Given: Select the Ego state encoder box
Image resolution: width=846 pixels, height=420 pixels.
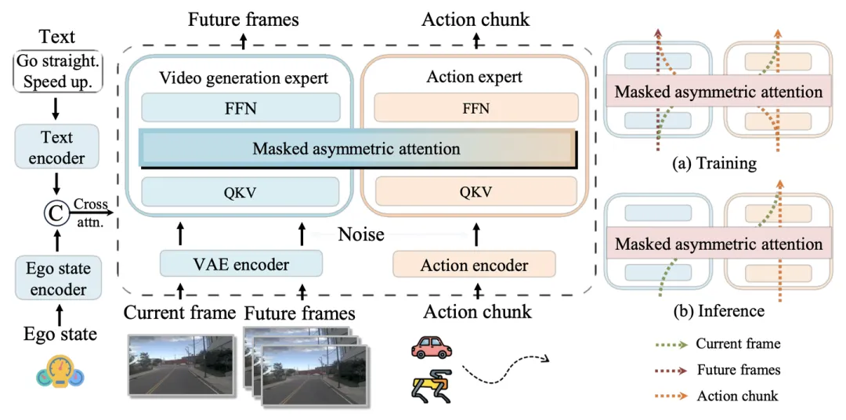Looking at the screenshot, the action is pyautogui.click(x=59, y=278).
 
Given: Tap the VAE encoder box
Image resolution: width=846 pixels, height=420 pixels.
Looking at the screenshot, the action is pyautogui.click(x=241, y=265).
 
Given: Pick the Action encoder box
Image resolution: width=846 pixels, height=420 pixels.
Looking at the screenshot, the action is pyautogui.click(x=474, y=265).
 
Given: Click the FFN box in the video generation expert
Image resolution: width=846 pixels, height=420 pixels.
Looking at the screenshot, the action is pyautogui.click(x=240, y=107).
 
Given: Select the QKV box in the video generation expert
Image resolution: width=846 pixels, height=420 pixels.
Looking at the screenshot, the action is pyautogui.click(x=240, y=192).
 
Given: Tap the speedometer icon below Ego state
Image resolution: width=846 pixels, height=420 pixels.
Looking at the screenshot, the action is pyautogui.click(x=60, y=372).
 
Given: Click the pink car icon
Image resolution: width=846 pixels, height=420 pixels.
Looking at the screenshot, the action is pyautogui.click(x=431, y=348).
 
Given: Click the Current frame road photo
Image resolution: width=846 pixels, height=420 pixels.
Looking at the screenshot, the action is pyautogui.click(x=181, y=364).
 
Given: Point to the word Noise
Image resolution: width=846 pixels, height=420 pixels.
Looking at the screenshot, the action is pyautogui.click(x=361, y=234).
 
